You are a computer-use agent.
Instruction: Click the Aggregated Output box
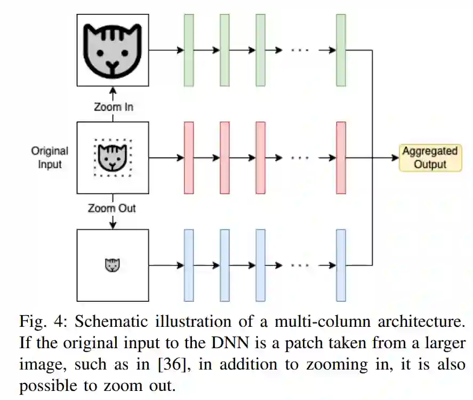coord(430,157)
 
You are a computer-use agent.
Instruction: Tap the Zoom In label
coord(113,107)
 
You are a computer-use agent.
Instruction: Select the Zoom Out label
coord(112,208)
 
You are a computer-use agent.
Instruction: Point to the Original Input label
coord(50,158)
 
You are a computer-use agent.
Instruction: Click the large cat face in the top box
coord(113,50)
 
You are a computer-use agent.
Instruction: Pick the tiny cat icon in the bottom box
coord(113,264)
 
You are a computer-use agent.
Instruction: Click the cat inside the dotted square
coord(113,157)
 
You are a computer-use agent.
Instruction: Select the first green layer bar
coord(189,50)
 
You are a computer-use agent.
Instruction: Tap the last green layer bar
coord(341,50)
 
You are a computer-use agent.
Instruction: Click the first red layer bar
coord(189,157)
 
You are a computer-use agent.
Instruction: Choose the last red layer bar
coord(341,157)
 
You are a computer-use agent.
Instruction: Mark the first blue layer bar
coord(189,265)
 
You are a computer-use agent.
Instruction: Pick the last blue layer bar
coord(341,265)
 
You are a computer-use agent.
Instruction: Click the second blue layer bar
coord(225,265)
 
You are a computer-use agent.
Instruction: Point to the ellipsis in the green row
coord(300,50)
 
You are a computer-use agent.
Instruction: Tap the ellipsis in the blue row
coord(300,265)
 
